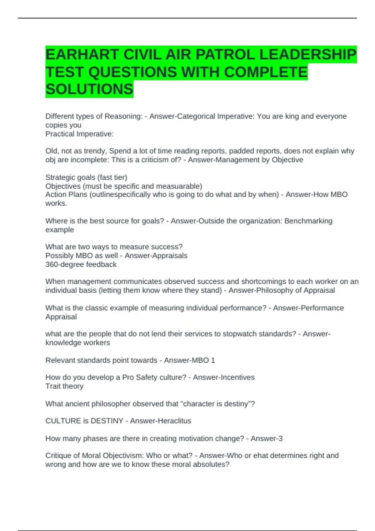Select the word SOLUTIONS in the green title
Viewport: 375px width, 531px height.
point(89,89)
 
